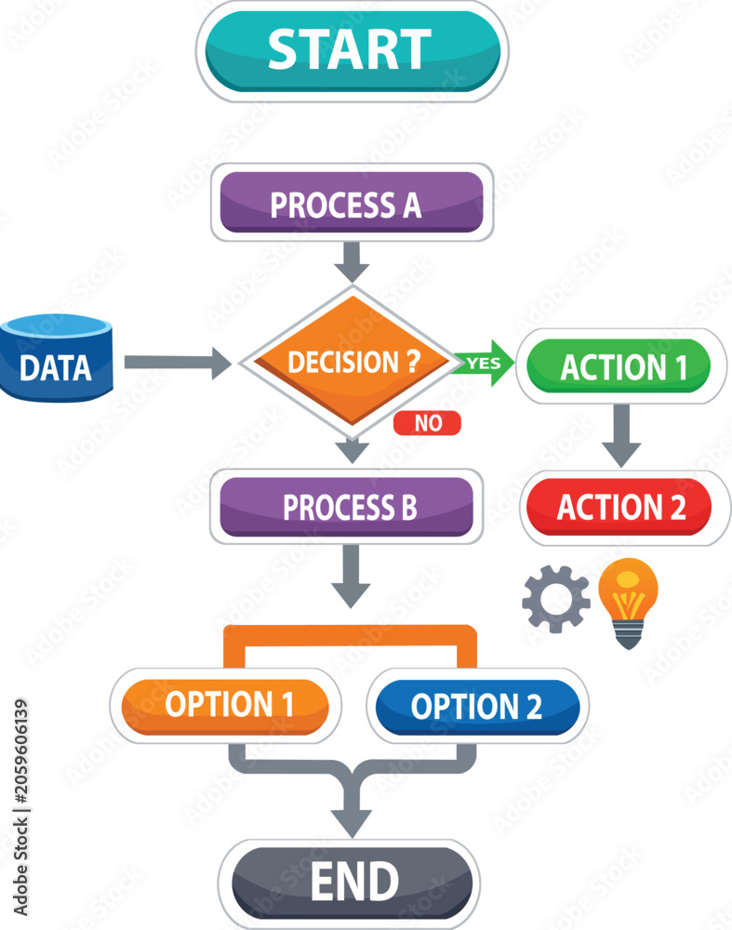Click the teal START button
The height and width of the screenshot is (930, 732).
(x=353, y=51)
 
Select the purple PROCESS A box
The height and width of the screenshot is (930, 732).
(x=352, y=202)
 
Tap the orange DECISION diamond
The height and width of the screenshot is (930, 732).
(x=353, y=361)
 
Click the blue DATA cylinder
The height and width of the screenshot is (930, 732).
(x=57, y=358)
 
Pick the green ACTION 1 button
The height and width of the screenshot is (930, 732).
(x=619, y=365)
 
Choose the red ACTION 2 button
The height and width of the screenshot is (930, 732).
(x=619, y=507)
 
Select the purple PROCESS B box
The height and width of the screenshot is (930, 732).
(x=346, y=507)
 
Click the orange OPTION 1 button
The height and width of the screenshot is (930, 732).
(x=225, y=706)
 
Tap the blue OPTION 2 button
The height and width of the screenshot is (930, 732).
(x=477, y=707)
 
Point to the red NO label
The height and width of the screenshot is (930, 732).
(x=427, y=423)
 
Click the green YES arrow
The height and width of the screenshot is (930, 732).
(x=483, y=363)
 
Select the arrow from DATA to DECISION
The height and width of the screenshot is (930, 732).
(x=178, y=363)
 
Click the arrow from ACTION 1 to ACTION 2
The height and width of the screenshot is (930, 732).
(x=621, y=435)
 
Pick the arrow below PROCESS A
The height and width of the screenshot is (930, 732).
(x=352, y=261)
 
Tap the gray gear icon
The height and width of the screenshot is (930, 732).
(x=556, y=599)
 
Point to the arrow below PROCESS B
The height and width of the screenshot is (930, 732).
(x=352, y=576)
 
